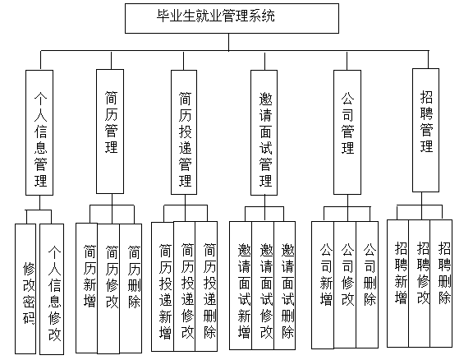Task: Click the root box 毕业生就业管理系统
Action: pyautogui.click(x=232, y=18)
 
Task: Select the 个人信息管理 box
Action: pyautogui.click(x=39, y=132)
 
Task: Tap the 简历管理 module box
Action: pyautogui.click(x=110, y=132)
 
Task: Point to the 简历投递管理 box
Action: pyautogui.click(x=184, y=132)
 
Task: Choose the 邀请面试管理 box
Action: pyautogui.click(x=264, y=132)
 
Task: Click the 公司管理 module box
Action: pyautogui.click(x=347, y=132)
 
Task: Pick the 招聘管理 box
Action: pyautogui.click(x=425, y=130)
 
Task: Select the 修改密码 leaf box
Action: pyautogui.click(x=25, y=288)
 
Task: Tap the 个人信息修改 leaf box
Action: pyautogui.click(x=52, y=289)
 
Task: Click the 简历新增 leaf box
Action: pyautogui.click(x=86, y=288)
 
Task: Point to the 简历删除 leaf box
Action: pyautogui.click(x=131, y=288)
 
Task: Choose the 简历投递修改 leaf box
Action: pyautogui.click(x=185, y=287)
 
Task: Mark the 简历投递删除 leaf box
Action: pyautogui.click(x=206, y=287)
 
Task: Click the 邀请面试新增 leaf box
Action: pyautogui.click(x=241, y=286)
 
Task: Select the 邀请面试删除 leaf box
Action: pyautogui.click(x=285, y=286)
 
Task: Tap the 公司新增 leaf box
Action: pyautogui.click(x=323, y=285)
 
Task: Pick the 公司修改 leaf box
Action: pyautogui.click(x=345, y=285)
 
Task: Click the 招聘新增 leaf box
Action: pyautogui.click(x=398, y=284)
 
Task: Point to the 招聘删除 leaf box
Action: pyautogui.click(x=441, y=284)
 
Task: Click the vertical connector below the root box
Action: pyautogui.click(x=228, y=42)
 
